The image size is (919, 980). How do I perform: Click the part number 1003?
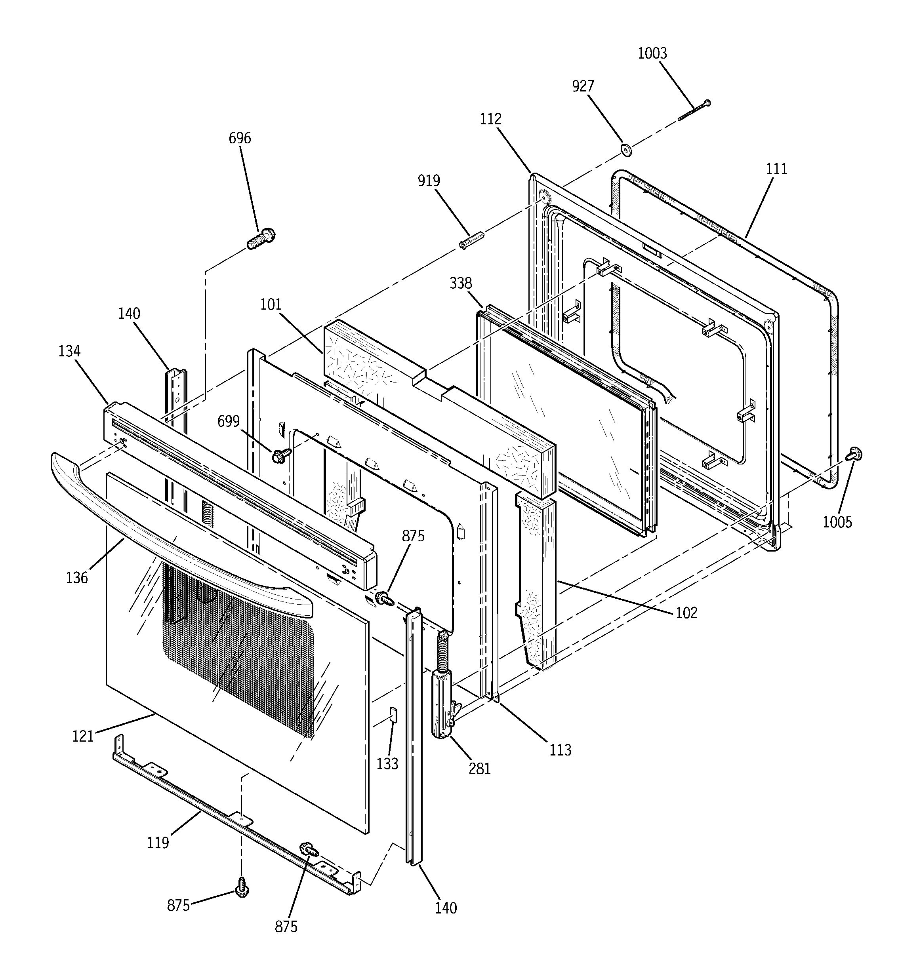652,53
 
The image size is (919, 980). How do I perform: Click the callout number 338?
460,283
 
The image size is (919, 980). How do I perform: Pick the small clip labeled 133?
393,714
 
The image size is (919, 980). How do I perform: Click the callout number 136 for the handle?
76,577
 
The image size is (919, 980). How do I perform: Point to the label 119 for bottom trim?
158,843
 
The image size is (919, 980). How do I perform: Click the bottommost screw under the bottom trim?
242,887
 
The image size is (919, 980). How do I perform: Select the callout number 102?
686,613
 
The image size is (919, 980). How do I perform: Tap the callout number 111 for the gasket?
776,169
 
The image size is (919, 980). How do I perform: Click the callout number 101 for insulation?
271,304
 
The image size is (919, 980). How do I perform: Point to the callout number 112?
490,119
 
